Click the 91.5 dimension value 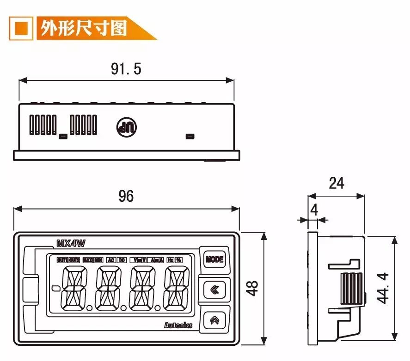pos(126,69)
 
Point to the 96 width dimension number pos(126,196)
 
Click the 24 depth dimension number pos(336,183)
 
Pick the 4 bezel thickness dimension pos(314,210)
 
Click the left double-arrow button pos(214,289)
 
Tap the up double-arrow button pos(214,320)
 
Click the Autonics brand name pos(178,325)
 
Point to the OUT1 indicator pos(62,260)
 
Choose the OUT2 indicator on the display pos(74,260)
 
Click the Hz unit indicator pos(170,260)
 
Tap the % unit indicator pos(178,260)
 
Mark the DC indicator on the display pos(122,260)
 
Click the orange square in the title pos(21,28)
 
